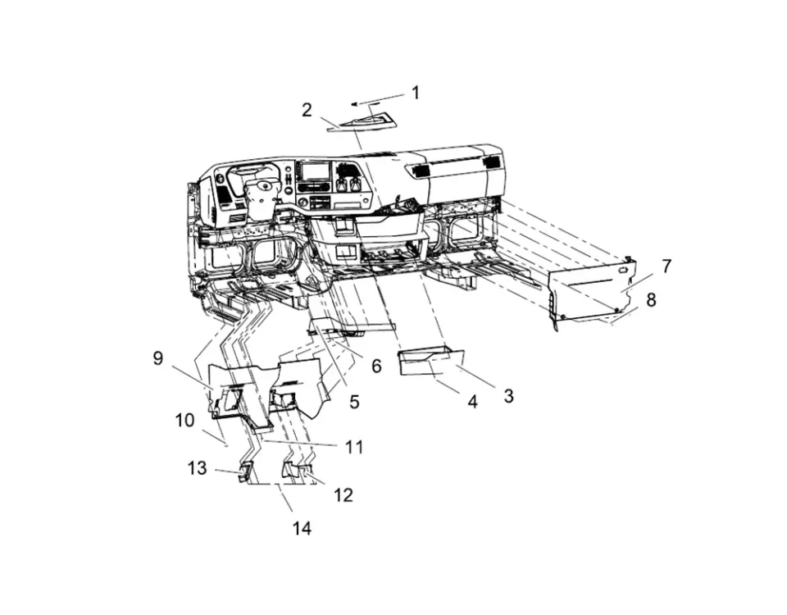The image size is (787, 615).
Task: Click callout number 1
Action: point(415,93)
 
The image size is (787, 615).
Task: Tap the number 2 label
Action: point(307,110)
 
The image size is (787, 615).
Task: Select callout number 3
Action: point(508,396)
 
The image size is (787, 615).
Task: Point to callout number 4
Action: point(472,403)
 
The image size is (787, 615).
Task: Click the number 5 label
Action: point(354,402)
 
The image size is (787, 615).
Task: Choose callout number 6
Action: point(376,367)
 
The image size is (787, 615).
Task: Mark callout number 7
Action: point(666,266)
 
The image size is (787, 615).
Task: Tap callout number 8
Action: point(651,300)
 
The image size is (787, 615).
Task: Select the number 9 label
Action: point(158,358)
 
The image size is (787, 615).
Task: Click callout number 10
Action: point(184,421)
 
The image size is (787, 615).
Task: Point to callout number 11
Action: point(354,447)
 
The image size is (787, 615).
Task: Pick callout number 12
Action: point(343,495)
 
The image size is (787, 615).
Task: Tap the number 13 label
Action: point(197,468)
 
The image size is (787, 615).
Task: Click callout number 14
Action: point(302,529)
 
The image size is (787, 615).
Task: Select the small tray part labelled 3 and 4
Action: point(430,361)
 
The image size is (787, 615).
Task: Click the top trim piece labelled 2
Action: point(365,124)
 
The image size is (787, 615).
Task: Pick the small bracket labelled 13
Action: point(243,471)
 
